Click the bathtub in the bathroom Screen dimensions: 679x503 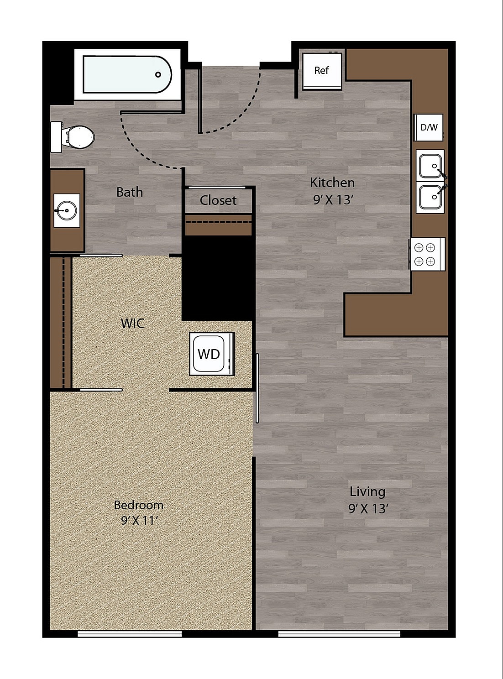127,74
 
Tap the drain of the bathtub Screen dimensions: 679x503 158,74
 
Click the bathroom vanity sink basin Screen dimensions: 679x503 67,210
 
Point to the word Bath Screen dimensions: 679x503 129,192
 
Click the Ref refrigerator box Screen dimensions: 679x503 322,71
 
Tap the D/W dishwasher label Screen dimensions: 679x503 429,128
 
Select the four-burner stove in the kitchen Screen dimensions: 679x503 424,255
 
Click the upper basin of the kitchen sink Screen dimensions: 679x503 430,166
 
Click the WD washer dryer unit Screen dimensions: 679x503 210,354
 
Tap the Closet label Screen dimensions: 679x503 218,200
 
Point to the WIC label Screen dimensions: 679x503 133,324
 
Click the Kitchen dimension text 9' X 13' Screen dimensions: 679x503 333,199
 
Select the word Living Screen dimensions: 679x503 367,491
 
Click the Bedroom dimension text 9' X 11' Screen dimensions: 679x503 139,520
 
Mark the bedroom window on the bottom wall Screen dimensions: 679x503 130,633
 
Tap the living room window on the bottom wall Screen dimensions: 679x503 339,633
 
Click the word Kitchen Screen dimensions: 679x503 332,183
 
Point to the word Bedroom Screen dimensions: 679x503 139,505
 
